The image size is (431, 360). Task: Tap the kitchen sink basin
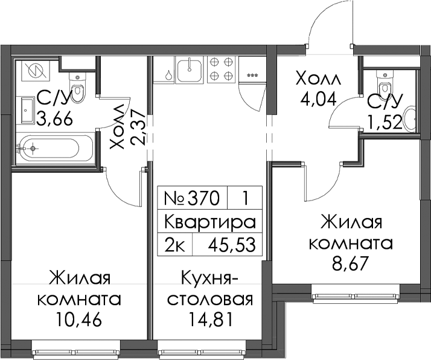[x=190, y=70]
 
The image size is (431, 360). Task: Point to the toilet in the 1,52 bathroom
[x=385, y=83]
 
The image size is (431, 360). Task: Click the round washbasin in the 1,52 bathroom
[x=409, y=118]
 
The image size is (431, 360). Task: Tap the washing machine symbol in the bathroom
[x=36, y=71]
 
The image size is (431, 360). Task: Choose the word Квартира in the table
[x=210, y=222]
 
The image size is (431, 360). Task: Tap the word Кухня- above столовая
[x=209, y=279]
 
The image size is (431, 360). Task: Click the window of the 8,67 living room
[x=356, y=297]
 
